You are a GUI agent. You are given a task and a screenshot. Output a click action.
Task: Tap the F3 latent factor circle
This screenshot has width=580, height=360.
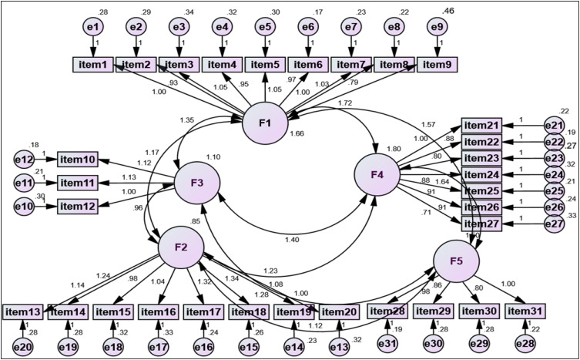pyautogui.click(x=197, y=183)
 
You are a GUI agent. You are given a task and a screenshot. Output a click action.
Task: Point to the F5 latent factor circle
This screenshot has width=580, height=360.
pyautogui.click(x=457, y=261)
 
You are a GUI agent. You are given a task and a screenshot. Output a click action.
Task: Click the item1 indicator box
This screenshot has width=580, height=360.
pyautogui.click(x=93, y=64)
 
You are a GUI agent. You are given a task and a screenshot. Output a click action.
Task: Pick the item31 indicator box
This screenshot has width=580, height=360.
pyautogui.click(x=526, y=311)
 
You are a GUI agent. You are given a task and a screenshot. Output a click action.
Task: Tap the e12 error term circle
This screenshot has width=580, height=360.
pyautogui.click(x=25, y=160)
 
